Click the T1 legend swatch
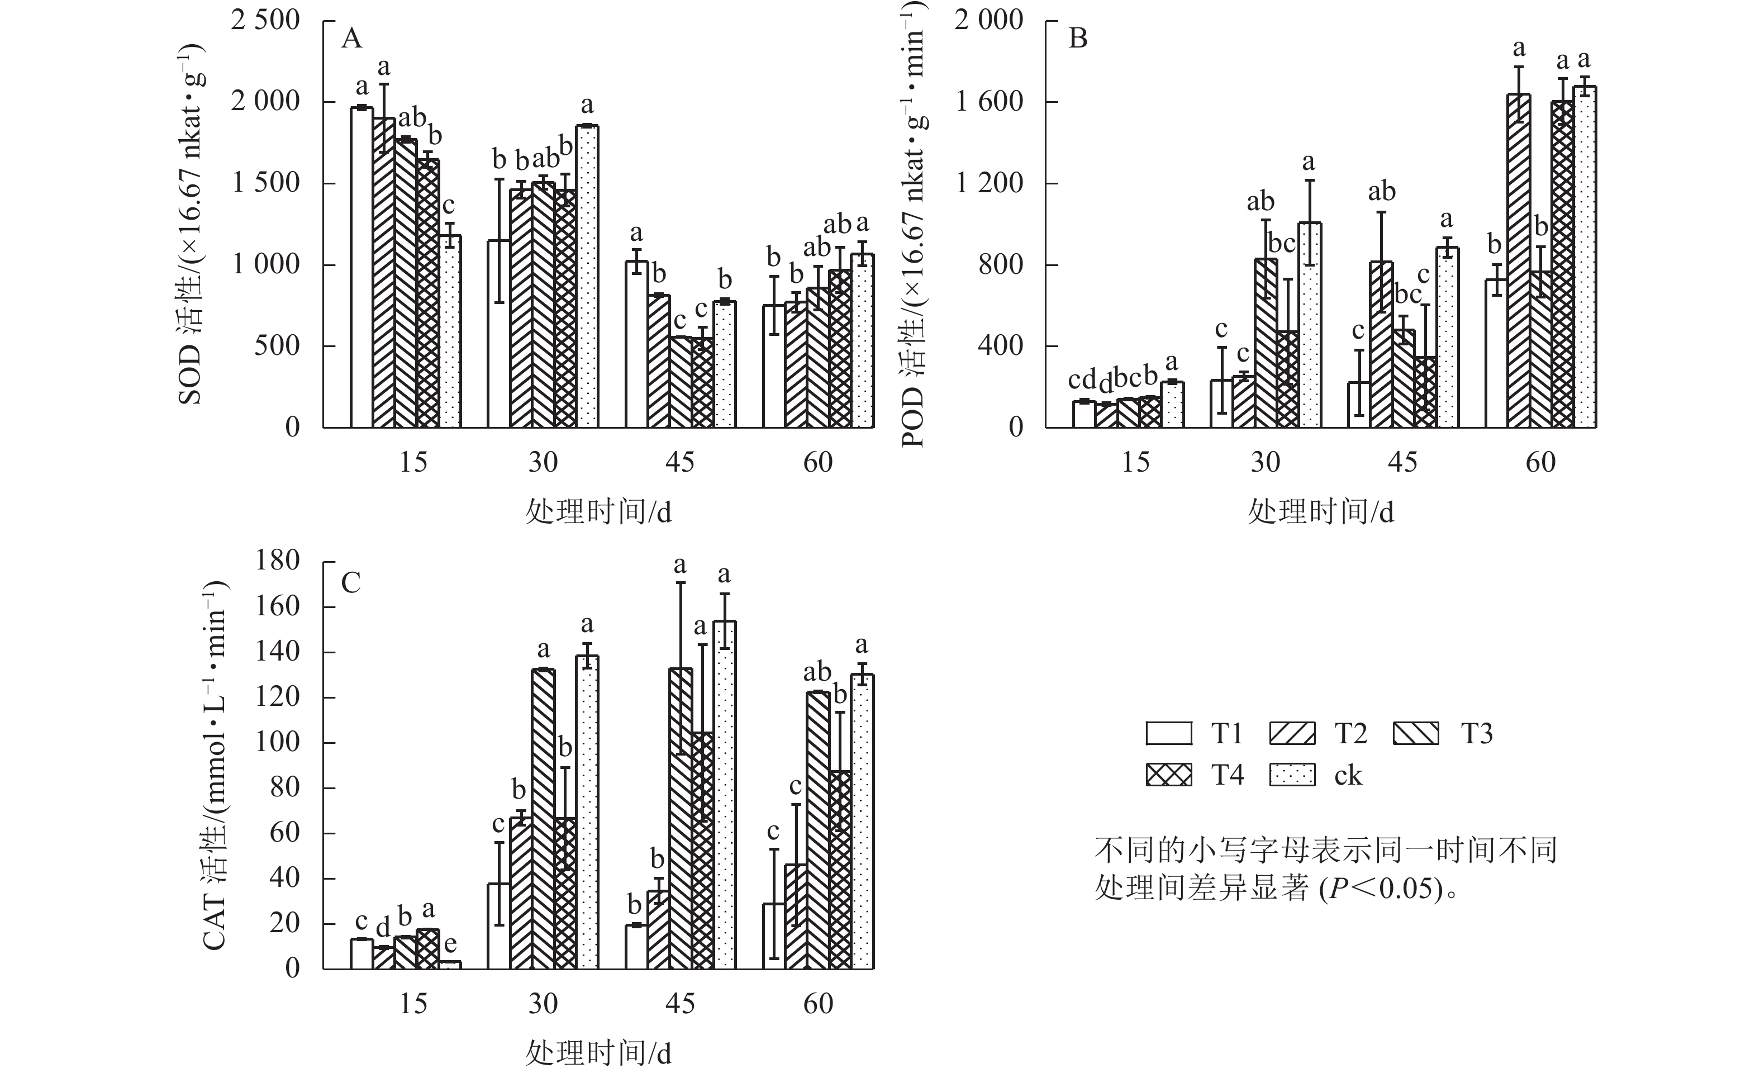pos(1168,734)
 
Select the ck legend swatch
pos(1292,775)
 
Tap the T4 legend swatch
pos(1168,775)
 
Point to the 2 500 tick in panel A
pos(265,20)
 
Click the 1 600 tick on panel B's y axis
pos(988,102)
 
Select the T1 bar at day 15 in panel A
pos(362,268)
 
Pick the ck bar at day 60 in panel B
pos(1585,257)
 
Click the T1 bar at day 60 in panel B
pos(1496,354)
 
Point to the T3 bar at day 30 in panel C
pos(544,819)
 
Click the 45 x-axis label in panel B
pos(1402,463)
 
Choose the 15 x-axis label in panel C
pos(413,1004)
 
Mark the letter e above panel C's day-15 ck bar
pos(450,944)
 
